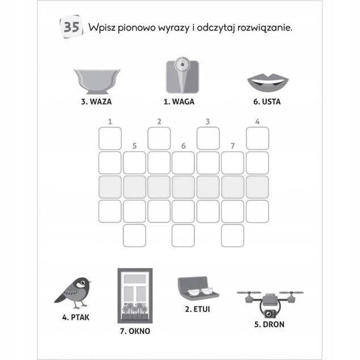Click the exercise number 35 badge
[x=71, y=27]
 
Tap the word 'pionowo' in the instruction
[x=137, y=28]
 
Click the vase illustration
[x=97, y=81]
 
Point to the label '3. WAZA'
[x=96, y=101]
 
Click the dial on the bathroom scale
[x=183, y=64]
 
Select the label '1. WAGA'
[x=179, y=101]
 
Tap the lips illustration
[x=268, y=83]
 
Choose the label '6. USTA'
[x=267, y=101]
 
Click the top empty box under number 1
[x=110, y=138]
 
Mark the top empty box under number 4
[x=257, y=138]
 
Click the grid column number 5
[x=134, y=146]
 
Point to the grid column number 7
[x=232, y=146]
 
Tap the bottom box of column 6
[x=183, y=236]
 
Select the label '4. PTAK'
[x=75, y=317]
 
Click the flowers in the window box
[x=135, y=309]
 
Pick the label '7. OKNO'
[x=135, y=331]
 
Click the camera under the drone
[x=269, y=314]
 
